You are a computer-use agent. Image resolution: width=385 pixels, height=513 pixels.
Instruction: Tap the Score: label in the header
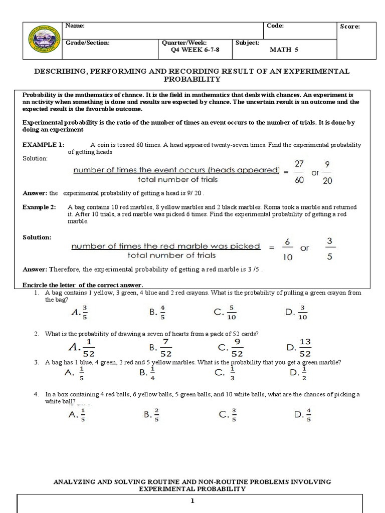click(350, 27)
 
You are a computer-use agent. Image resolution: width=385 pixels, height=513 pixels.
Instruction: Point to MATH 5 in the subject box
click(284, 50)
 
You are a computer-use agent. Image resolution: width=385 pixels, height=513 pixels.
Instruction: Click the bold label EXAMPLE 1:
click(44, 144)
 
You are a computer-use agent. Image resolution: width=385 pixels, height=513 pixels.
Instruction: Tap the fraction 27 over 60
click(299, 172)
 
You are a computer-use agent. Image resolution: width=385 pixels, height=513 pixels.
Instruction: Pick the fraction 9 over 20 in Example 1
click(327, 172)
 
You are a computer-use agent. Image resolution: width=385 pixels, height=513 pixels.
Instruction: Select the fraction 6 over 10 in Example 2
click(287, 249)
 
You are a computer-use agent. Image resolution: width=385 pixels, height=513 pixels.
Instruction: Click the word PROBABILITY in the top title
click(192, 79)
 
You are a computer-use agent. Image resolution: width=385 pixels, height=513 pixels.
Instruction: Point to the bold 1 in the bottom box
click(193, 500)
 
